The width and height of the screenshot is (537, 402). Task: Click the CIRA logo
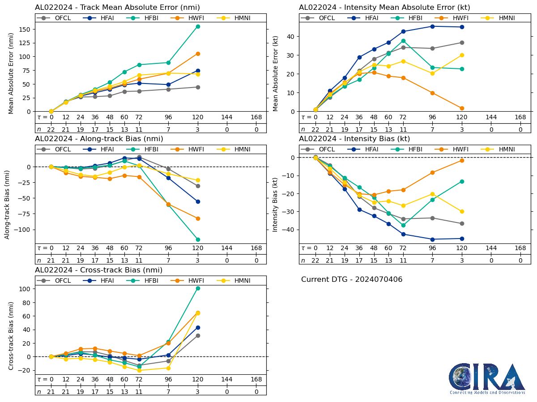coord(487,378)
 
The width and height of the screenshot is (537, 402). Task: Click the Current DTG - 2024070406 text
coord(352,280)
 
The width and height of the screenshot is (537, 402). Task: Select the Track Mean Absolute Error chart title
coord(117,8)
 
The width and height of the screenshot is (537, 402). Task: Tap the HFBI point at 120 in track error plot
coord(198,26)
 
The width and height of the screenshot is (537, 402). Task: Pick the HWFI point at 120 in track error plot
coord(198,54)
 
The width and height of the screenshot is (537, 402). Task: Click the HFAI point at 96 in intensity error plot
coord(432,26)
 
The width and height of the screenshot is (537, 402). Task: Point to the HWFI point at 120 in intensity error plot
coord(462,108)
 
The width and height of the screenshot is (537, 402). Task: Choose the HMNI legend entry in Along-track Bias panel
coord(235,149)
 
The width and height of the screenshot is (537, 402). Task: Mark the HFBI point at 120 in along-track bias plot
coord(198,239)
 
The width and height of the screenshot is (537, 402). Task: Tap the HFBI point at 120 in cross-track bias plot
coord(198,288)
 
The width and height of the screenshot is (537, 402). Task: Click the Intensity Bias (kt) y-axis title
coord(276,198)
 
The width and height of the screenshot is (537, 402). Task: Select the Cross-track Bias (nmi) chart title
coord(98,270)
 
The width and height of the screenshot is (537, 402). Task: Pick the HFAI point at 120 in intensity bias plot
coord(462,239)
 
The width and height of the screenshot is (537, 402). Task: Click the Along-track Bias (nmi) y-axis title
coord(8,198)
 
